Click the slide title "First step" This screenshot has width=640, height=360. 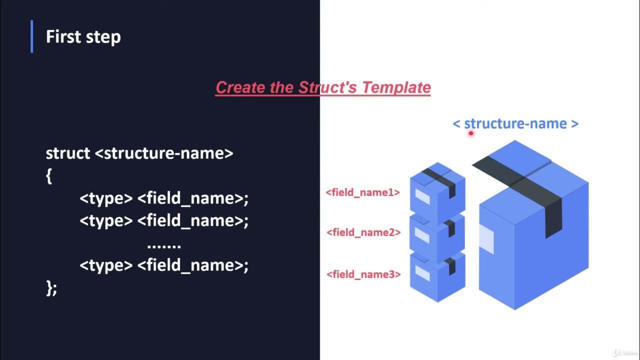(83, 37)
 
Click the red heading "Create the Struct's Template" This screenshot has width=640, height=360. (323, 87)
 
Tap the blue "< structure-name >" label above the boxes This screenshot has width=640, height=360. (515, 123)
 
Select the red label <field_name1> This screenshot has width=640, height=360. (362, 192)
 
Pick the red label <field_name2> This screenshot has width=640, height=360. (363, 232)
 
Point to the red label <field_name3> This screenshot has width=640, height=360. (363, 274)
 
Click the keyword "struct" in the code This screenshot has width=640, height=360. (68, 153)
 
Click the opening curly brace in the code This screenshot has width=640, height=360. (49, 176)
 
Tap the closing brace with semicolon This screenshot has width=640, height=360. (51, 288)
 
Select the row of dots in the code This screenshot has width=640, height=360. (164, 245)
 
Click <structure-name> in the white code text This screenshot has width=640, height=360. (164, 153)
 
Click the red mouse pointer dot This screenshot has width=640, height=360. (470, 133)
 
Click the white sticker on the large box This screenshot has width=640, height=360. (486, 238)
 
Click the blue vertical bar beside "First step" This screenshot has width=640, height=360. (32, 36)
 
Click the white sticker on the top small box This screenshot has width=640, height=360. (422, 196)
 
